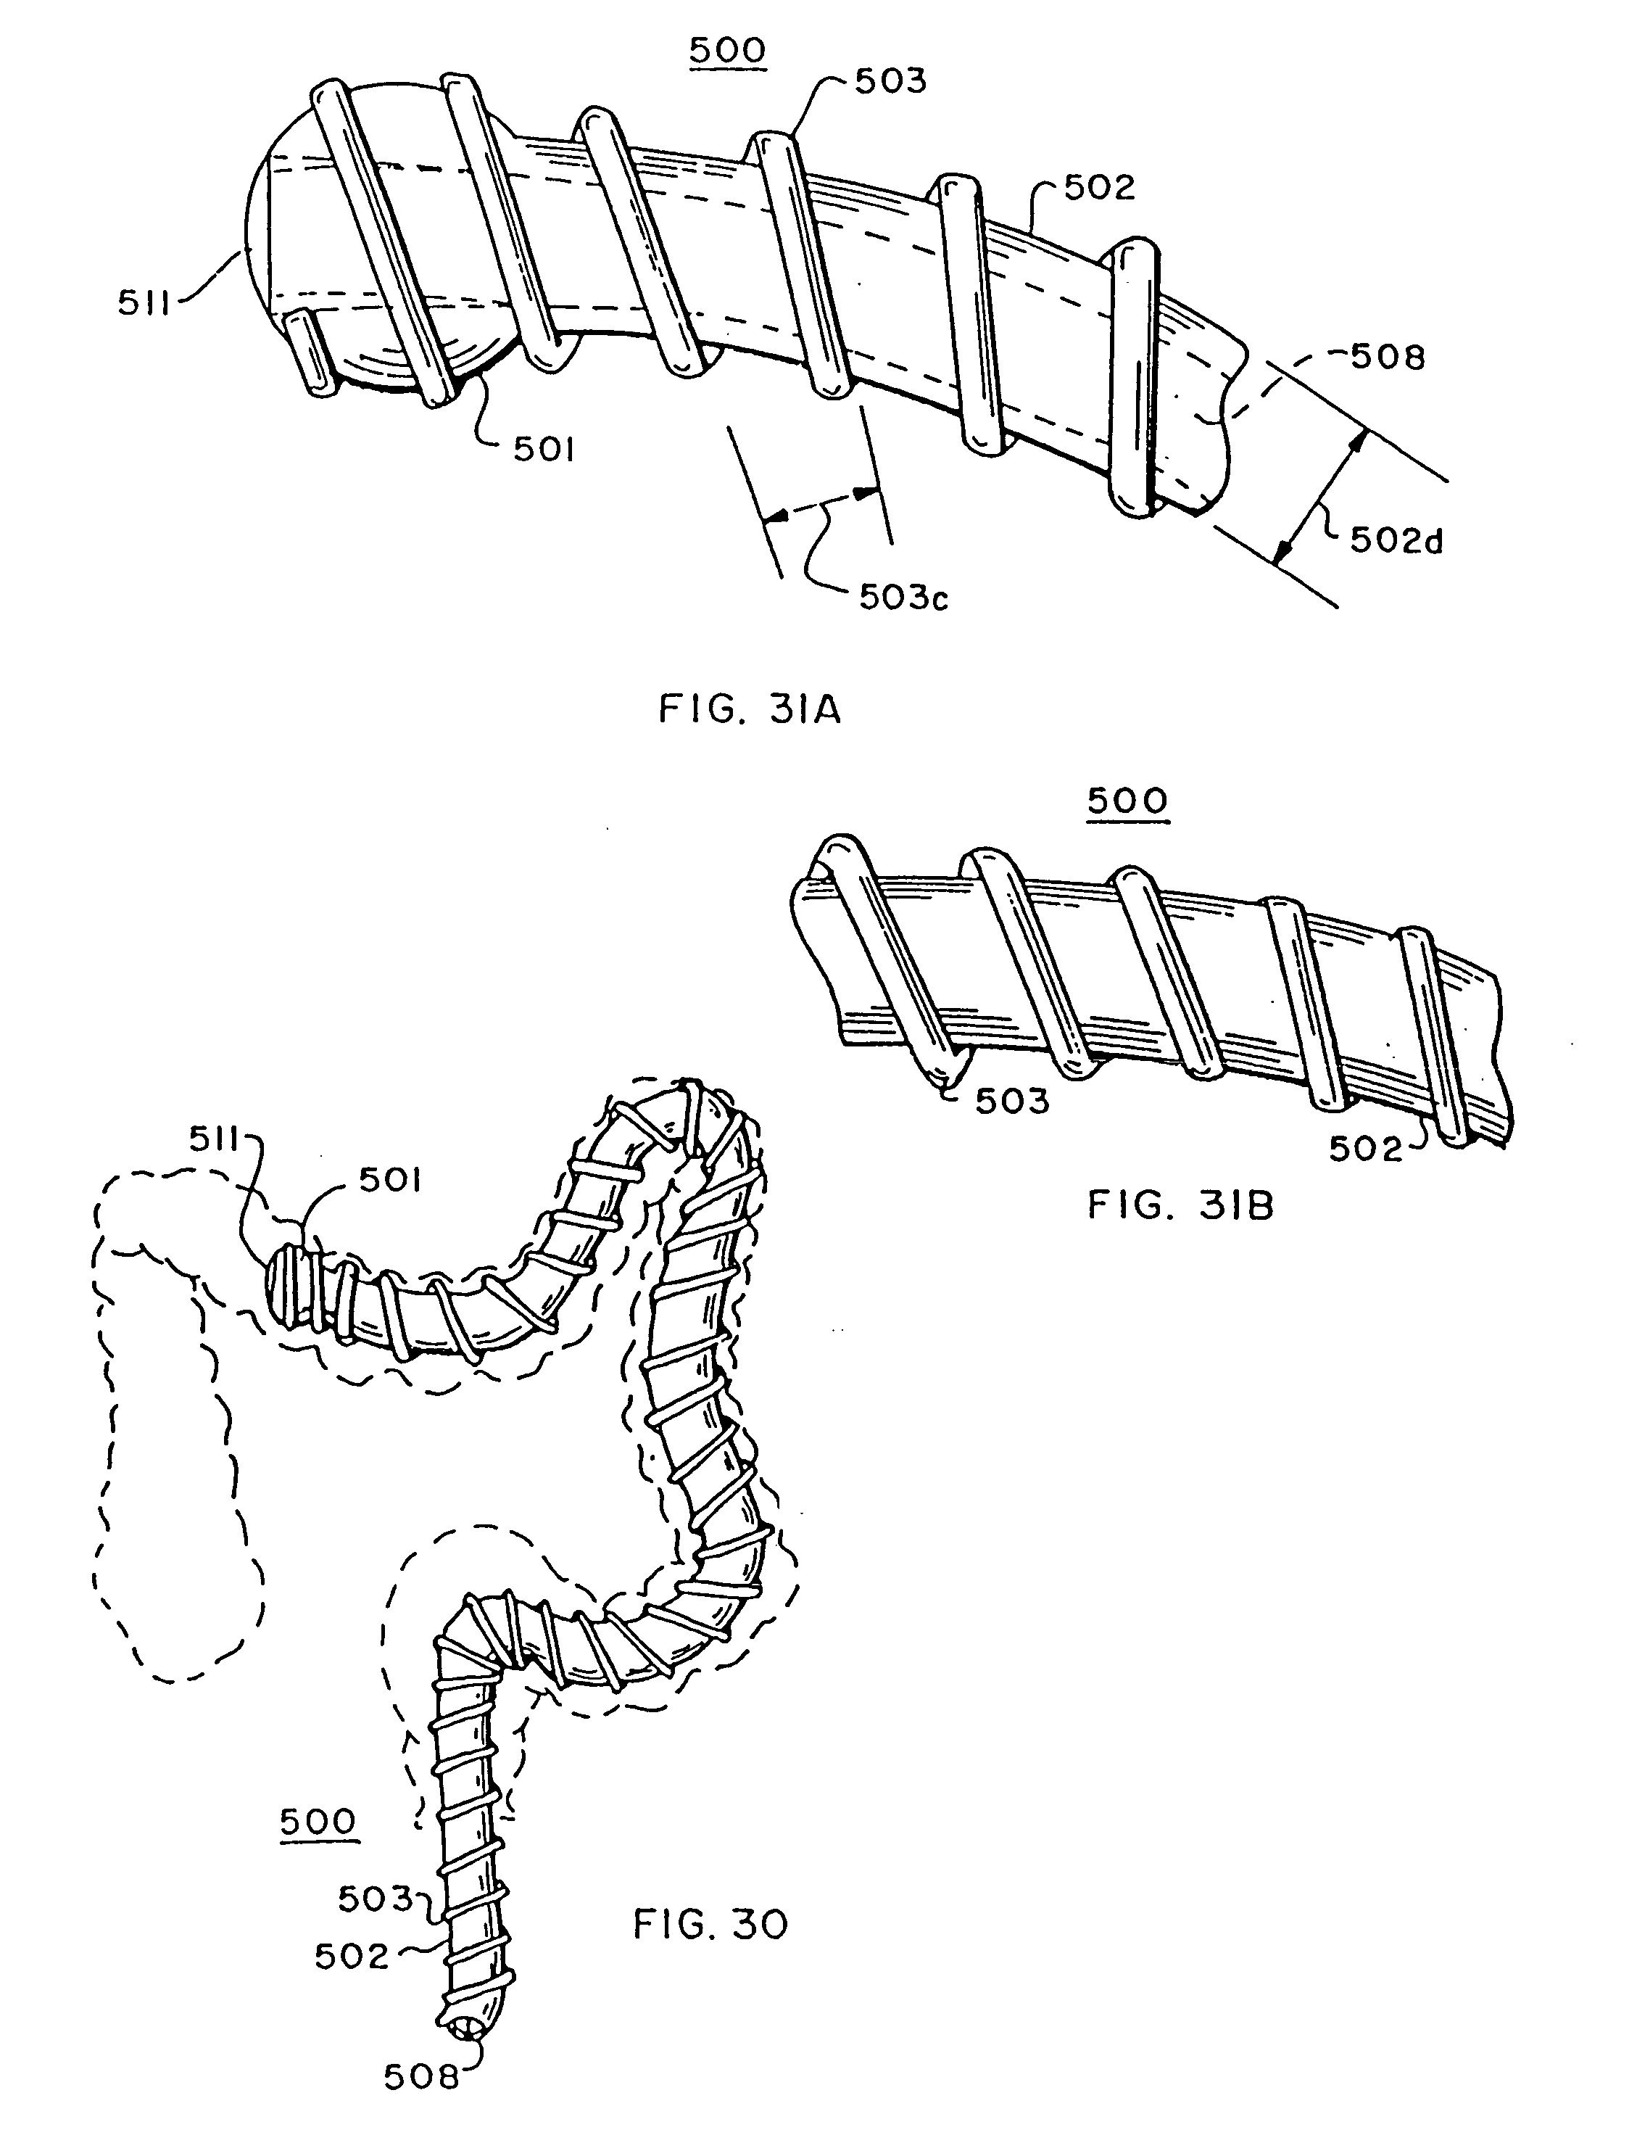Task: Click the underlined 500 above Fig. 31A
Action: tap(728, 51)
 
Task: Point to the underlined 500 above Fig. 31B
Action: tap(1127, 801)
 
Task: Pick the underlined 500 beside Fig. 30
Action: tap(318, 1821)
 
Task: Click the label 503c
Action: tap(903, 598)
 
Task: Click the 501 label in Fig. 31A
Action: tap(544, 449)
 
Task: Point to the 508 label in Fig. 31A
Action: tap(1388, 358)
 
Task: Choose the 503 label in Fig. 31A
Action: tap(890, 82)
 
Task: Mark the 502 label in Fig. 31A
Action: tap(1099, 188)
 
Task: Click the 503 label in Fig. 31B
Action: tap(1012, 1101)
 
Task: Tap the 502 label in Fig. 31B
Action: tap(1365, 1150)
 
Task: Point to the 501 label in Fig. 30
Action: tap(390, 1181)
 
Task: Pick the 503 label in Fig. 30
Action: tap(375, 1898)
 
